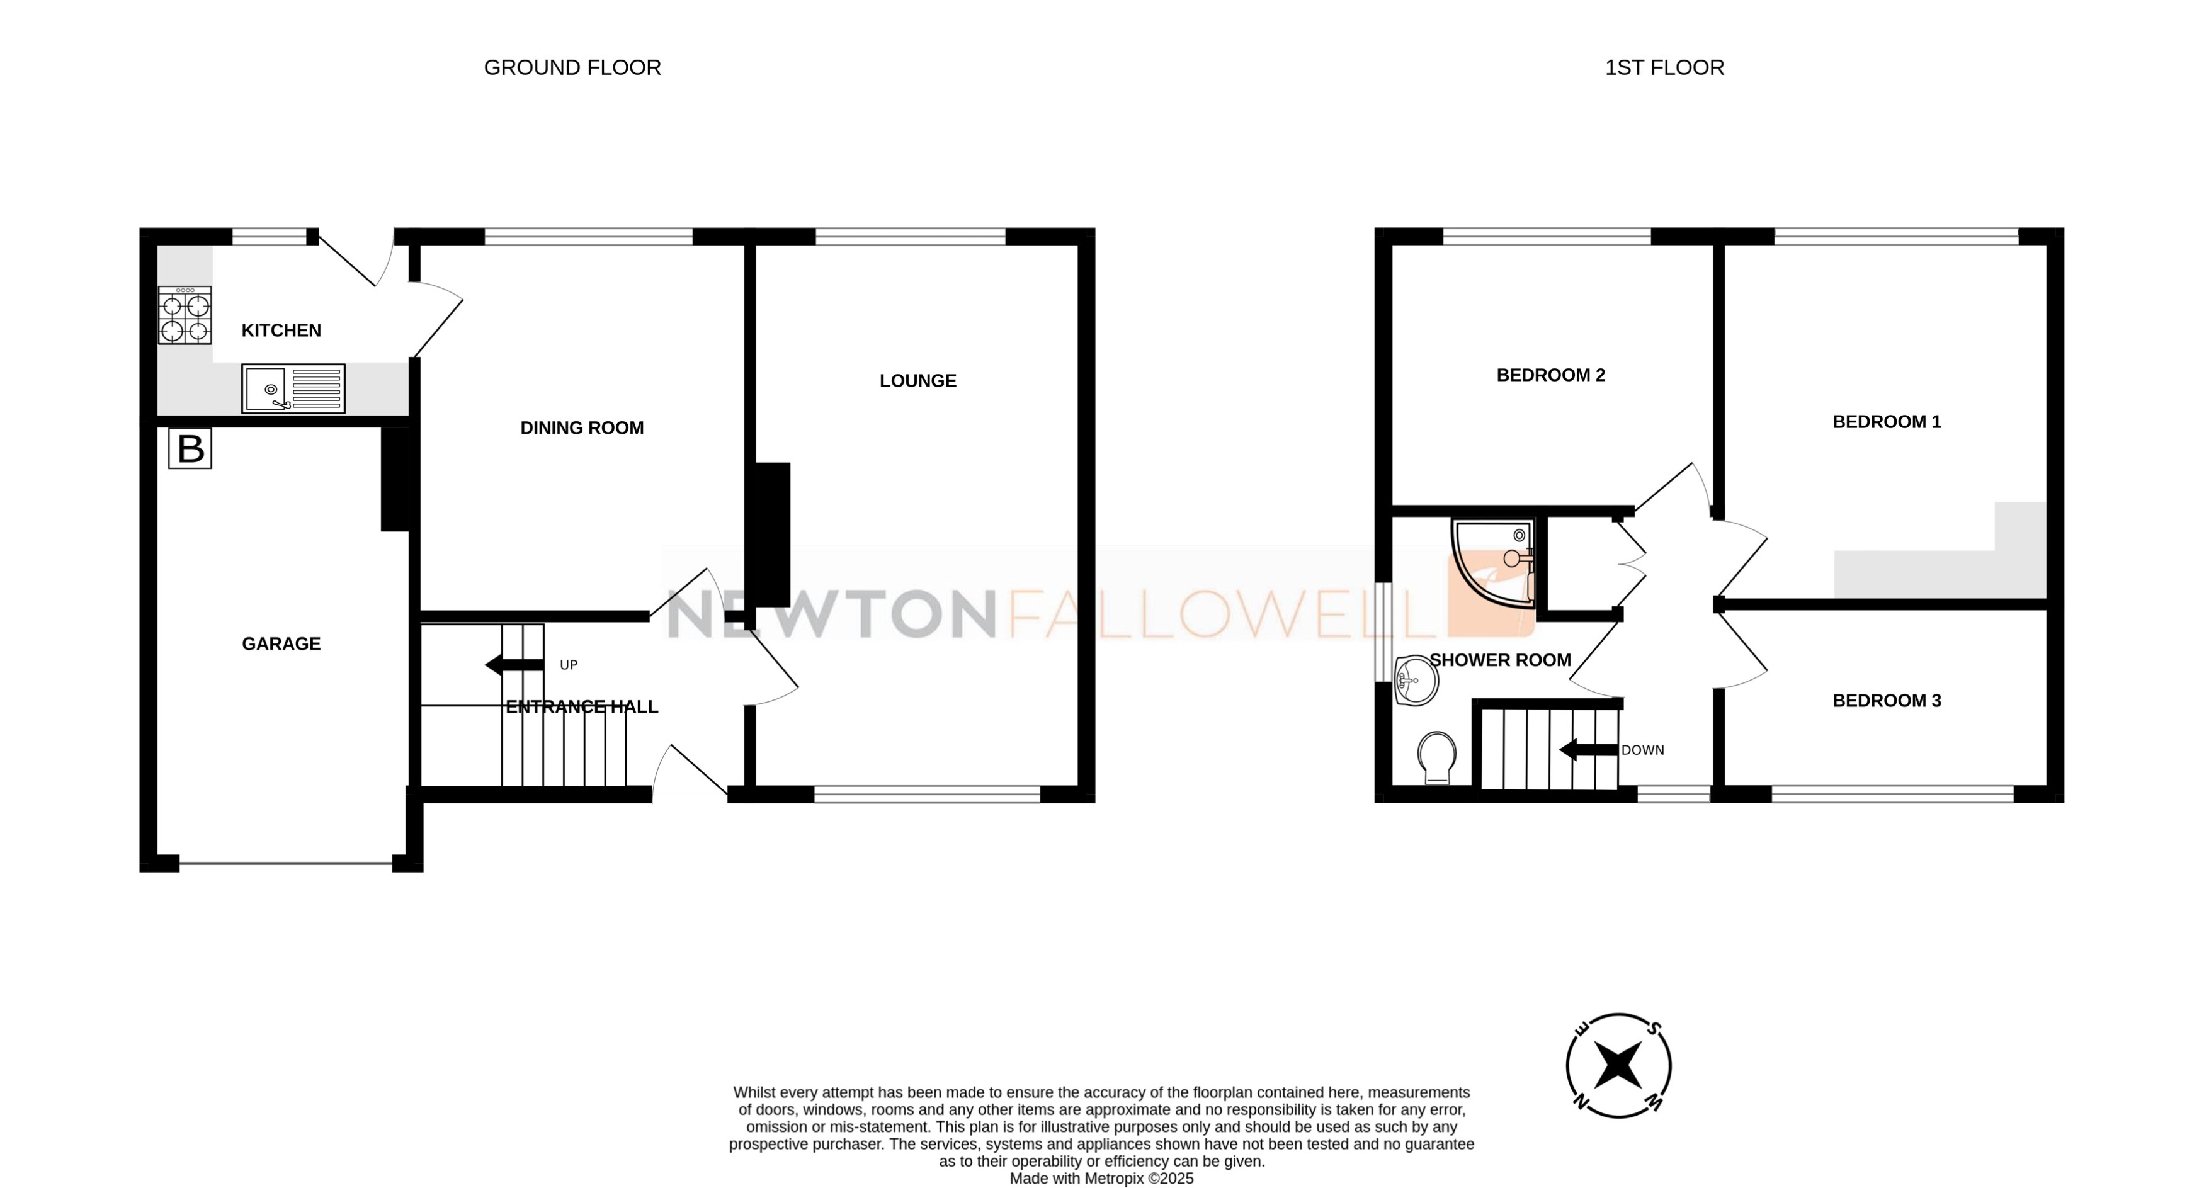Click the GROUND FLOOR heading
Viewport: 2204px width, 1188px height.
pyautogui.click(x=572, y=67)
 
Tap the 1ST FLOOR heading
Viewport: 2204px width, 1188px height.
pyautogui.click(x=1664, y=67)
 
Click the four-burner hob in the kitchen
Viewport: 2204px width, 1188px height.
pyautogui.click(x=185, y=315)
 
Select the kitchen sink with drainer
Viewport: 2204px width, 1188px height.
pyautogui.click(x=293, y=388)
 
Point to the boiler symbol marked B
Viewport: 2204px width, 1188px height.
pyautogui.click(x=190, y=449)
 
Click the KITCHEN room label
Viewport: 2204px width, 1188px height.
pyautogui.click(x=281, y=330)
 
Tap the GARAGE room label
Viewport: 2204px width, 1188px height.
pyautogui.click(x=281, y=644)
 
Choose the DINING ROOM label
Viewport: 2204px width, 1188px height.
pyautogui.click(x=582, y=427)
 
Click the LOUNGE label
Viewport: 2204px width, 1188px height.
pyautogui.click(x=918, y=381)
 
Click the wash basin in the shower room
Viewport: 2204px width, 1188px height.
pyautogui.click(x=1416, y=681)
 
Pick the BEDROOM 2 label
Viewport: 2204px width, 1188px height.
pyautogui.click(x=1550, y=375)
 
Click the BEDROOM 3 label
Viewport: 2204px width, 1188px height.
pyautogui.click(x=1887, y=701)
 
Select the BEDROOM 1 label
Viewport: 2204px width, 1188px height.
pyautogui.click(x=1887, y=422)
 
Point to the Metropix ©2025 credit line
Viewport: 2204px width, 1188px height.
pyautogui.click(x=1101, y=1179)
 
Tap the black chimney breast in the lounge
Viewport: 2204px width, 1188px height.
pyautogui.click(x=768, y=535)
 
